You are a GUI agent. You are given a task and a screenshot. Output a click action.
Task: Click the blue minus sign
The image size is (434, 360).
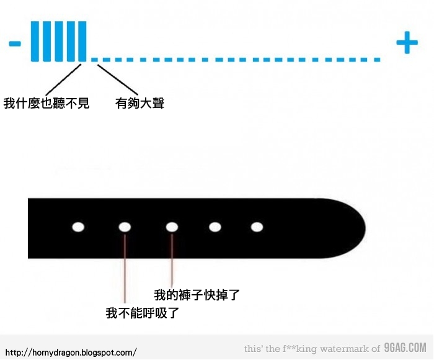pyautogui.click(x=15, y=43)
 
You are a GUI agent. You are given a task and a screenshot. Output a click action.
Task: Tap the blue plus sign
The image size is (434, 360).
pyautogui.click(x=407, y=43)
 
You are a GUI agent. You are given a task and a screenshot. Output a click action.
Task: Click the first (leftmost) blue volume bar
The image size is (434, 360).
pyautogui.click(x=35, y=42)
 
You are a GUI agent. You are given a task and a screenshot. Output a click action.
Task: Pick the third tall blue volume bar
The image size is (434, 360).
pyautogui.click(x=59, y=42)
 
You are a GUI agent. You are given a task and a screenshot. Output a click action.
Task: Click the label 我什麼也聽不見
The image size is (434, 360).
pyautogui.click(x=46, y=103)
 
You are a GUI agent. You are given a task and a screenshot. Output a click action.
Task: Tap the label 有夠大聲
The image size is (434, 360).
pyautogui.click(x=139, y=103)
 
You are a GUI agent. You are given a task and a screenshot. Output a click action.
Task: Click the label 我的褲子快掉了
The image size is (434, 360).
pyautogui.click(x=197, y=295)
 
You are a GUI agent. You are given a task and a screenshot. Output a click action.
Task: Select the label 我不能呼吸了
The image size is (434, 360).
pyautogui.click(x=143, y=313)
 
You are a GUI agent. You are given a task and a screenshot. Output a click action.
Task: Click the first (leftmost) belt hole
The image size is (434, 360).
pyautogui.click(x=78, y=227)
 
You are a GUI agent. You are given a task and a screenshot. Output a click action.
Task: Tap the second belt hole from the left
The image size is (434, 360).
pyautogui.click(x=125, y=227)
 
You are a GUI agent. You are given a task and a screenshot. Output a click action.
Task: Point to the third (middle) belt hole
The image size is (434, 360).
pyautogui.click(x=172, y=227)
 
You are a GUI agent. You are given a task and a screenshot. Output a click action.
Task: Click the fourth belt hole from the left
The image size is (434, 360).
pyautogui.click(x=215, y=227)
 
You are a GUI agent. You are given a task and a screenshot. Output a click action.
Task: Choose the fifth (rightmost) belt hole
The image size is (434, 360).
pyautogui.click(x=257, y=227)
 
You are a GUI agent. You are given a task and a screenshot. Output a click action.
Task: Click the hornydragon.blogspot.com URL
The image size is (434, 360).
pyautogui.click(x=70, y=352)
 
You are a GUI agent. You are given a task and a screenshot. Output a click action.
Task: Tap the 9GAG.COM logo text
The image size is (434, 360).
pyautogui.click(x=405, y=348)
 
